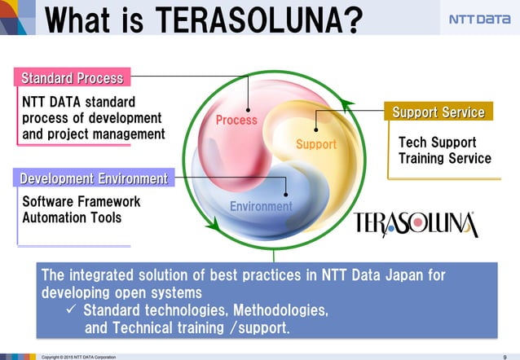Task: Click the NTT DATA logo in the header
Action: coord(478,20)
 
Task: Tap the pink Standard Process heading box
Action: coord(73,78)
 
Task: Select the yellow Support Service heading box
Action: coord(438,112)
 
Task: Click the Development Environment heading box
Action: coord(94,178)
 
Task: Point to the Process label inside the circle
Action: coord(236,121)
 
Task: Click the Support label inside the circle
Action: coord(315,145)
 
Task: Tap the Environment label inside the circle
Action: coord(261,207)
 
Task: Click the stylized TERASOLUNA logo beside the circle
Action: coord(416,223)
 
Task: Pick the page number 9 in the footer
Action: coord(505,356)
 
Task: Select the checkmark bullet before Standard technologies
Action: coord(71,310)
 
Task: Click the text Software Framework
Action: coord(81,201)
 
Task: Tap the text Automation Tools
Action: coord(72,217)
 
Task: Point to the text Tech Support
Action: coord(437,143)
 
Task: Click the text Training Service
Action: coord(444,158)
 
